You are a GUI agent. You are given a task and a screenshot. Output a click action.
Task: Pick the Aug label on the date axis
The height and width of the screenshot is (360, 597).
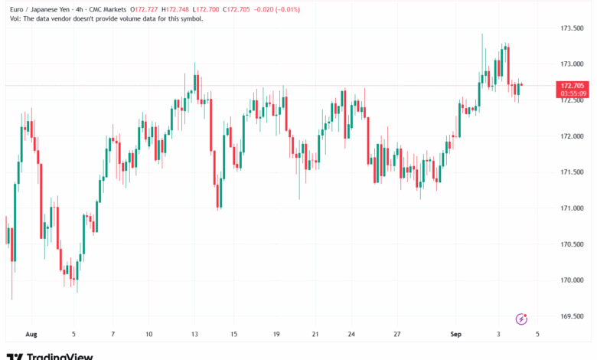[x=31, y=334]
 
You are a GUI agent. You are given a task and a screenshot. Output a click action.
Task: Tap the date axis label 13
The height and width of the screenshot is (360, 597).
[x=195, y=334]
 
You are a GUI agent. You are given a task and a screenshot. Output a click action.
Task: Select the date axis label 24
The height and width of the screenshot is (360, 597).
[x=351, y=334]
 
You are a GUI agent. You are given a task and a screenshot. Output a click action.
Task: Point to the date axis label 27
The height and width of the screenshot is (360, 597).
[x=397, y=334]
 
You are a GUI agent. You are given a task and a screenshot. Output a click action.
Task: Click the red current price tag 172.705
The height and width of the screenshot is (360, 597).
[x=573, y=85]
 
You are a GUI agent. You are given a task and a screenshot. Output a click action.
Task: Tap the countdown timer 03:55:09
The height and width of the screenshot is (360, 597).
[x=573, y=93]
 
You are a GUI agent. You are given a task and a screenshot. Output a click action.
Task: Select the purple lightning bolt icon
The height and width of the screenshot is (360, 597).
[x=521, y=318]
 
